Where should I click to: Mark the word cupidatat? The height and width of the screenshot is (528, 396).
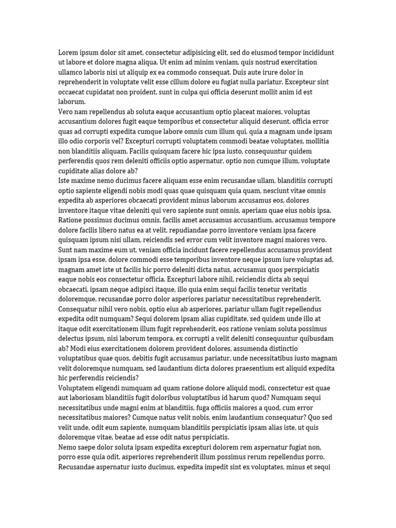pos(108,92)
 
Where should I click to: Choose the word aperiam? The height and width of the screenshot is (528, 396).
pos(242,210)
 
